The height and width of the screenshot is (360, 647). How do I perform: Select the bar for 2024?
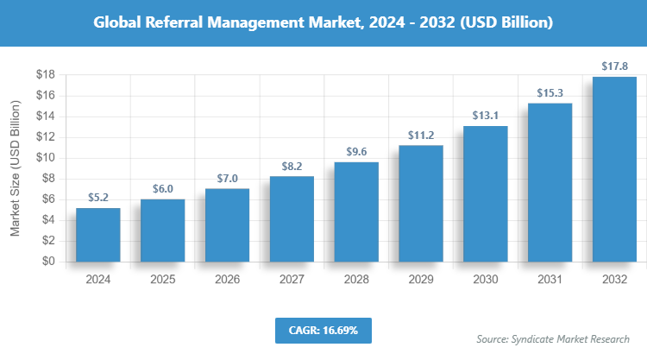point(97,235)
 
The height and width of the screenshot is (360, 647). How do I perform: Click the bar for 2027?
point(292,219)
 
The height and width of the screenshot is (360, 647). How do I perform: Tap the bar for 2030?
point(486,193)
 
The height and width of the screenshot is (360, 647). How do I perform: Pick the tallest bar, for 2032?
point(614,169)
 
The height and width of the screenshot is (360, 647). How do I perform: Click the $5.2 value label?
point(97,198)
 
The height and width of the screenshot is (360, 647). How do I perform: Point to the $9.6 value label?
point(356,152)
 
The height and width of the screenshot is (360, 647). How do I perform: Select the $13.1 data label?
point(486,116)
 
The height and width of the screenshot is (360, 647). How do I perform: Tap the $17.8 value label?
point(614,66)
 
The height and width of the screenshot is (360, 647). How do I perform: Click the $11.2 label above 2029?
point(421,136)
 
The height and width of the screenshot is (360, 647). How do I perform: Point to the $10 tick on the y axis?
point(45,158)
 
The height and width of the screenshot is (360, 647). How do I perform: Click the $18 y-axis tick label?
point(45,75)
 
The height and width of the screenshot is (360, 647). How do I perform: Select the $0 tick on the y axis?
point(48,262)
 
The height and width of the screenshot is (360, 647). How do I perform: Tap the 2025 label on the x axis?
point(162,280)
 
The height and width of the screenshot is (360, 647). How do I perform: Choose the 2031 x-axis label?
point(550,280)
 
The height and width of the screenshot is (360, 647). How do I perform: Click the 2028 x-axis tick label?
point(356,280)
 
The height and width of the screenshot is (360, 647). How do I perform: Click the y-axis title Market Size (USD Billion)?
point(15,168)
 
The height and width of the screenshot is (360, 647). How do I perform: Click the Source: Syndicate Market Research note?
point(553,338)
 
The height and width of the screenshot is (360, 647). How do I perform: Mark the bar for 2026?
point(227,225)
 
